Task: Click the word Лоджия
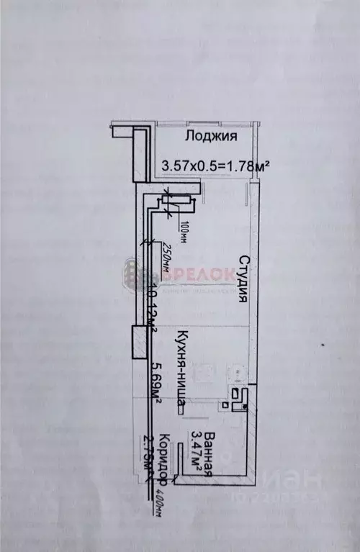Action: pyautogui.click(x=211, y=136)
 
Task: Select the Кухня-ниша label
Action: pyautogui.click(x=179, y=366)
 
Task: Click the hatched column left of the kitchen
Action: pyautogui.click(x=137, y=343)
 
